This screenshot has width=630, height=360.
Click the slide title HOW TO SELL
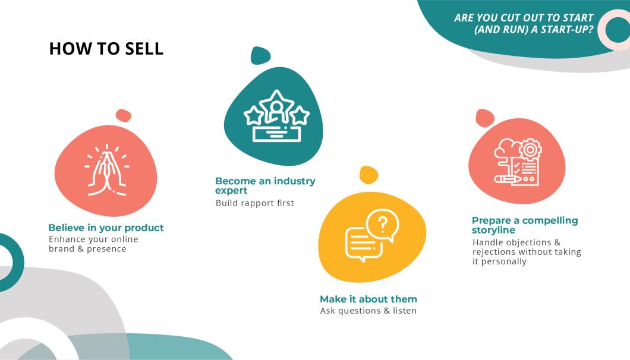click(x=106, y=49)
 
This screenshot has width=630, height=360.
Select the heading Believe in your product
click(x=106, y=228)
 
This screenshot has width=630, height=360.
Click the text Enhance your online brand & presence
click(x=93, y=244)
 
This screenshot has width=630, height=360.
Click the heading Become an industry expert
click(x=265, y=185)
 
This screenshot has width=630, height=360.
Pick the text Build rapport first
click(x=254, y=203)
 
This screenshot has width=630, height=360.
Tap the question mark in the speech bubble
click(x=383, y=225)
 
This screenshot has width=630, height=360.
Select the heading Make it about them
click(x=368, y=299)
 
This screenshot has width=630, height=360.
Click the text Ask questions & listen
click(x=368, y=311)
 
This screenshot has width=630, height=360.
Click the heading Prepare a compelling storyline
click(x=524, y=225)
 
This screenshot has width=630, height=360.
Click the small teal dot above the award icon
click(x=260, y=56)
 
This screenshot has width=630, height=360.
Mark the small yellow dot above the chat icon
click(x=369, y=175)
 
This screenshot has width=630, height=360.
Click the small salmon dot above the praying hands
click(x=123, y=115)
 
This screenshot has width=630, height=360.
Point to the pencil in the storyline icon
click(x=509, y=178)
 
